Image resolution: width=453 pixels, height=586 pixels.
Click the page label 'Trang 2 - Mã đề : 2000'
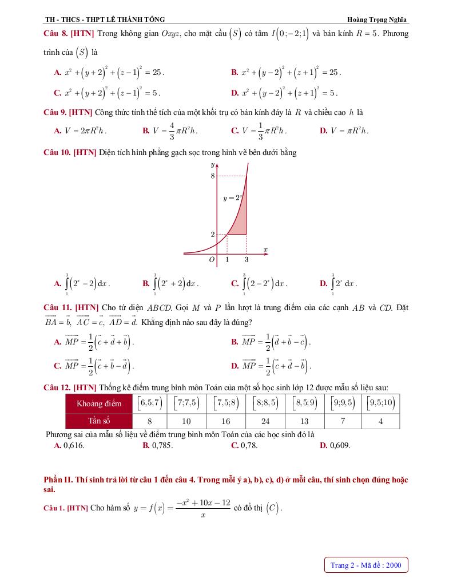[366, 565]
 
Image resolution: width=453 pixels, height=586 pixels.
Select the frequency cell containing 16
[225, 421]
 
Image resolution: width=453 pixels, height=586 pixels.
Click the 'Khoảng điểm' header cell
[99, 403]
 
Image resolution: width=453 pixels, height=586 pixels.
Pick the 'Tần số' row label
[99, 421]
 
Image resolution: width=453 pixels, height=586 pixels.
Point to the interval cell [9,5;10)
[381, 403]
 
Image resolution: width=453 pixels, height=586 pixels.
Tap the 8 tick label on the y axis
[213, 176]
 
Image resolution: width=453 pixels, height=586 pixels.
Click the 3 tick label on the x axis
[247, 259]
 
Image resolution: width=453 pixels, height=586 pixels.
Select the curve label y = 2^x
[233, 198]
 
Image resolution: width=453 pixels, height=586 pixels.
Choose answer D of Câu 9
[344, 131]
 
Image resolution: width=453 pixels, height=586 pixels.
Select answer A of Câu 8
[109, 73]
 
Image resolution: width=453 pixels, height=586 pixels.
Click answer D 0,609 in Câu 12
[335, 445]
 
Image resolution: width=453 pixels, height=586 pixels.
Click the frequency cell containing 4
[381, 421]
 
